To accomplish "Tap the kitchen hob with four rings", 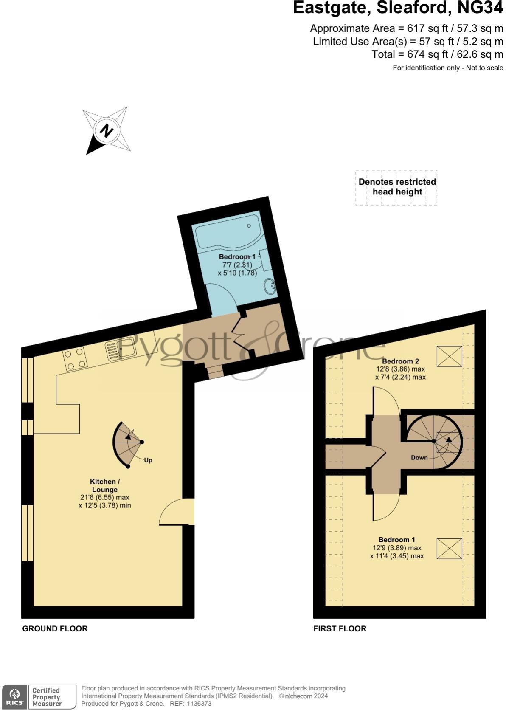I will click(x=75, y=359).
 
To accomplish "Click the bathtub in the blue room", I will click(x=227, y=231).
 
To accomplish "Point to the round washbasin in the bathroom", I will click(x=270, y=287).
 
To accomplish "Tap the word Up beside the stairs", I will click(x=148, y=460).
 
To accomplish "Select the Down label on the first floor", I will click(x=419, y=457).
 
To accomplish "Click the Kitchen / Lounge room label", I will click(x=105, y=485).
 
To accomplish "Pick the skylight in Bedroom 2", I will click(x=449, y=356).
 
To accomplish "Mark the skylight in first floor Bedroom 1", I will click(x=449, y=549).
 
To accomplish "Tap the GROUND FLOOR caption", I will click(x=55, y=628).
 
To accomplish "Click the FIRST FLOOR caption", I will click(x=340, y=628).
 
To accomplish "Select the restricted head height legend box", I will click(x=396, y=187).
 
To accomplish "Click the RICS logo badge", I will click(x=14, y=697).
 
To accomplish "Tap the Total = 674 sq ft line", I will click(x=437, y=54).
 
